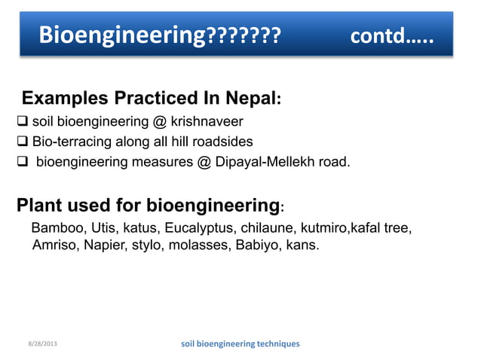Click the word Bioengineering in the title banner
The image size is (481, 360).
pos(123,34)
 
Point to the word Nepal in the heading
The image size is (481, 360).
pos(252,99)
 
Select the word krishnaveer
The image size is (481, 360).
pos(207,121)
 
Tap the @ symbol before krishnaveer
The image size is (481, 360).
pos(160,121)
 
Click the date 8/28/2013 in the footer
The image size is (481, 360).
pos(39,344)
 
